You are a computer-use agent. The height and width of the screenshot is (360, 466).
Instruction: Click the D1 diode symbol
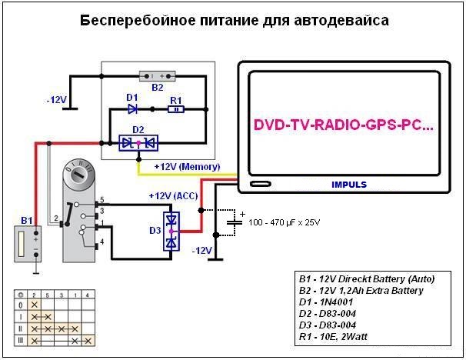point(132,109)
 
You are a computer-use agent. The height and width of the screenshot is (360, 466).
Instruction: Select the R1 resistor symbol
point(176,109)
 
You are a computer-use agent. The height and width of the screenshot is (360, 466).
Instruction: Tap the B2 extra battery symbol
point(157,76)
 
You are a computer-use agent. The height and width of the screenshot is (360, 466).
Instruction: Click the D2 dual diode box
point(138,143)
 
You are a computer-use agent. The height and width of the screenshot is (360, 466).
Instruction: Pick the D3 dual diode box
point(171,232)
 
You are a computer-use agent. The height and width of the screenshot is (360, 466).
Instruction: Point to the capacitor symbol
point(235,222)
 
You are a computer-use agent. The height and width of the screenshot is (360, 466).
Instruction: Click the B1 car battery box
point(28,244)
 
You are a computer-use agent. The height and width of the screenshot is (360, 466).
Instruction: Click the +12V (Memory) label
point(187,166)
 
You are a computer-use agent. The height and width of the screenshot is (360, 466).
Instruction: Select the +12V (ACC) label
point(173,196)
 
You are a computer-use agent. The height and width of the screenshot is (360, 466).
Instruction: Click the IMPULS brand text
point(349,185)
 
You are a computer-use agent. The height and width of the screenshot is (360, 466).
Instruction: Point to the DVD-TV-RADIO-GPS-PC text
point(344,125)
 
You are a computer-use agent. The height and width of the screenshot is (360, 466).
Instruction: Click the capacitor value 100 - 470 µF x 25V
point(285,222)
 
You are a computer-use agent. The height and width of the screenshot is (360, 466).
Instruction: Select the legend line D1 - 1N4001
point(326,302)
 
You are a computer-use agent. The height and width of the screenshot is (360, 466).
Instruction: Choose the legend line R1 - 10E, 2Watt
point(333,337)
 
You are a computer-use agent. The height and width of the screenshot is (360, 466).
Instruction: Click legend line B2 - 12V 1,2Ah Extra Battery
point(361,291)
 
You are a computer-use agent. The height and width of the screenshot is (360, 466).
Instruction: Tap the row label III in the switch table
point(21,340)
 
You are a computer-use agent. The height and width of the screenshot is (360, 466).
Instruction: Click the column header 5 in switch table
point(47,295)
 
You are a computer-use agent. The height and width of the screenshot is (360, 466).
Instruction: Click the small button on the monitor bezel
point(261,184)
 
